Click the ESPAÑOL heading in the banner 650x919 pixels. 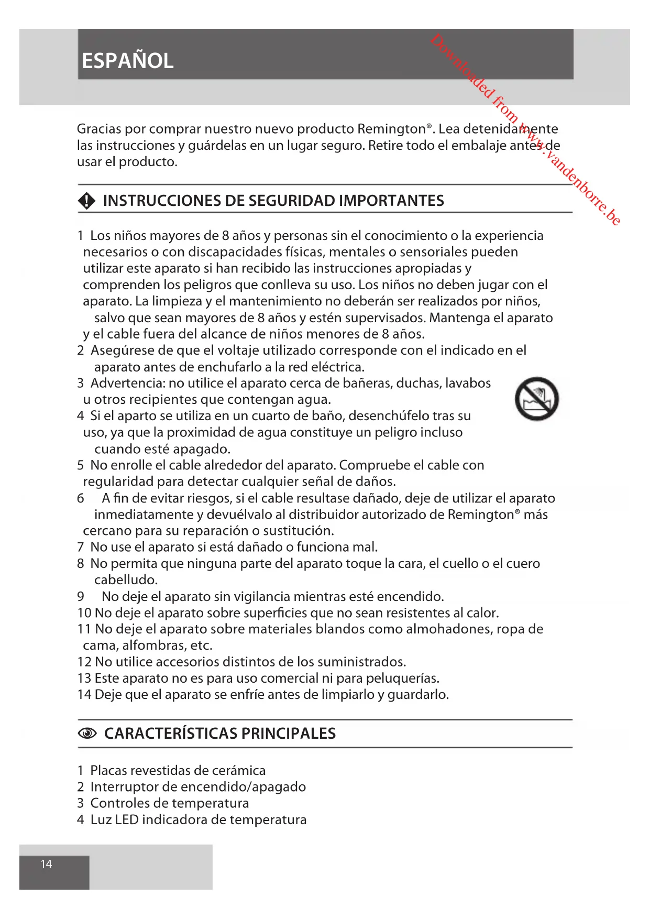(x=127, y=61)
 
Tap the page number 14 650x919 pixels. (x=46, y=864)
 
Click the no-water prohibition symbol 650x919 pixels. (x=536, y=399)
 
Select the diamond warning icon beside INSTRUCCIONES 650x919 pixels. (x=86, y=201)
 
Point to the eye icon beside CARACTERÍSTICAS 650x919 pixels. (x=87, y=734)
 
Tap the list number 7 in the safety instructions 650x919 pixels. (x=80, y=547)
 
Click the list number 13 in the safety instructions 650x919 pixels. (x=84, y=678)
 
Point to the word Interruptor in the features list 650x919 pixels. (x=124, y=786)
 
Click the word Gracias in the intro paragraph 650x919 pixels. (x=99, y=129)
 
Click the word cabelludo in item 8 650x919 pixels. (x=126, y=579)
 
